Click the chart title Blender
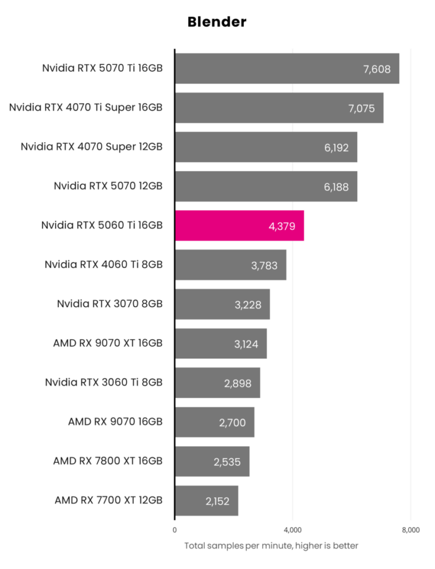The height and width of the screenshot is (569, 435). [217, 22]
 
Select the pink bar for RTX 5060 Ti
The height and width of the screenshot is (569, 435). [239, 226]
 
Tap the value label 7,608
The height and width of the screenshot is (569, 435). [377, 69]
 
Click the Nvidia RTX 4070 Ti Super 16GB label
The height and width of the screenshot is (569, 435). [86, 108]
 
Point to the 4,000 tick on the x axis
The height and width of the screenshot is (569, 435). [293, 530]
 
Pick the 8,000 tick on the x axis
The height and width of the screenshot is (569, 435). [411, 530]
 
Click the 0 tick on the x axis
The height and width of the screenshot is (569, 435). [175, 530]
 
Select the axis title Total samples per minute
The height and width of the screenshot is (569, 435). [271, 546]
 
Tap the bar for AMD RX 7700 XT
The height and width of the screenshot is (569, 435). [207, 501]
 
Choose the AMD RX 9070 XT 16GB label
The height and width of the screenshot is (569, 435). [108, 343]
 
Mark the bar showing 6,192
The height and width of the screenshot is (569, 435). [266, 147]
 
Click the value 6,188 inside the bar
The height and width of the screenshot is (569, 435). [336, 187]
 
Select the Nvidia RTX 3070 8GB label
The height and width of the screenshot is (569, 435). [109, 304]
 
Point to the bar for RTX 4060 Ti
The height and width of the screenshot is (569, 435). [231, 265]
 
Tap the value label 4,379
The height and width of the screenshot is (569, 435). [282, 226]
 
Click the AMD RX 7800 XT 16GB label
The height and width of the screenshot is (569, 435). [108, 461]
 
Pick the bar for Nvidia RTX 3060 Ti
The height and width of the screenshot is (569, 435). [217, 383]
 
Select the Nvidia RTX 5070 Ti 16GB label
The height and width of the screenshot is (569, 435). [102, 68]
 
